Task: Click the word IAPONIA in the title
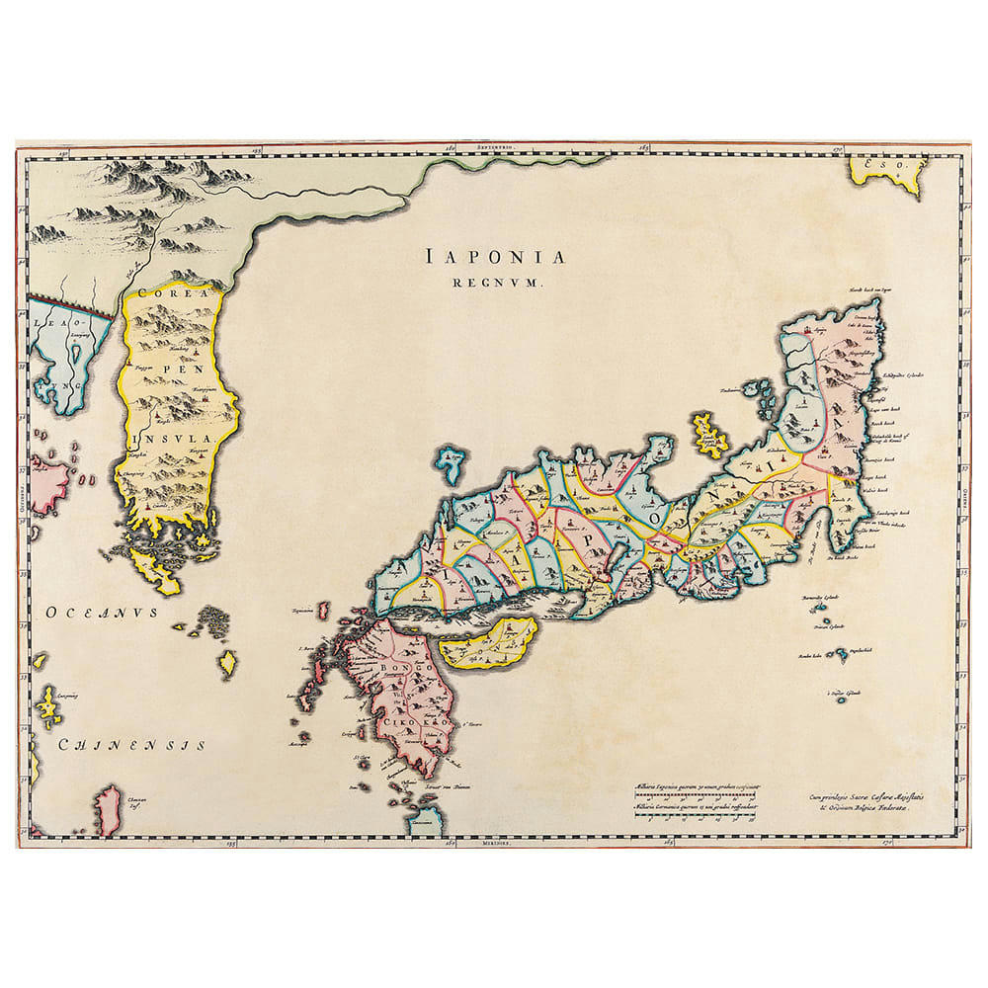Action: [497, 258]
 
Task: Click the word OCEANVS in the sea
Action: [102, 613]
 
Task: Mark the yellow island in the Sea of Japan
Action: [709, 435]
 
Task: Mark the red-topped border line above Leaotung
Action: [69, 304]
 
